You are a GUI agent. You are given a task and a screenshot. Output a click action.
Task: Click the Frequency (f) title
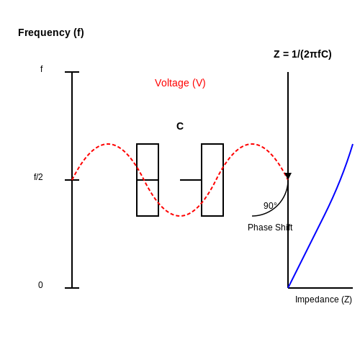pos(51,32)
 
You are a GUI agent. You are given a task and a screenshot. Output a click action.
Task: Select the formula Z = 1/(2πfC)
pos(302,54)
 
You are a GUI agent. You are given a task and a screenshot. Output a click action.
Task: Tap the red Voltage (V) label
pos(180,83)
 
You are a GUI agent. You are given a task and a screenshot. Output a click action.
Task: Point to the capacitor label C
pos(180,126)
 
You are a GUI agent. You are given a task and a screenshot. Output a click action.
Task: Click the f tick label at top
pos(42,69)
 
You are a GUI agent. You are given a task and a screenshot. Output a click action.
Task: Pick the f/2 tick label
pos(38,177)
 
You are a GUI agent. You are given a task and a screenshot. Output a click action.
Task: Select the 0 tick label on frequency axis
pos(40,285)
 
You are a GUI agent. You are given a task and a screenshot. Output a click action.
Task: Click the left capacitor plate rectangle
pos(137,180)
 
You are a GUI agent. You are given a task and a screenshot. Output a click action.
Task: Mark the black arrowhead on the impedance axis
pos(288,176)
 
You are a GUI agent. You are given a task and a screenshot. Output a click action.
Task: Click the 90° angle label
pos(270,206)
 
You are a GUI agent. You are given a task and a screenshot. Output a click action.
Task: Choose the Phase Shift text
pos(270,228)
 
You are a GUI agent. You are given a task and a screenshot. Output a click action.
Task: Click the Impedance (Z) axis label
pos(323,300)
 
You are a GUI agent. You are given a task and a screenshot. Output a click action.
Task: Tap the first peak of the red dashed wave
pos(108,144)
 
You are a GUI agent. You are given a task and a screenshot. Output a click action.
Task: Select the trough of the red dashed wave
pos(180,216)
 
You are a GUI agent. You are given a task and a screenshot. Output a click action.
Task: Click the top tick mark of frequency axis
pos(72,72)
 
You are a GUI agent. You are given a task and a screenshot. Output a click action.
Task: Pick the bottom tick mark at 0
pos(72,288)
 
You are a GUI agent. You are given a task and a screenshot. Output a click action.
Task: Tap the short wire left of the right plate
pos(191,180)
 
